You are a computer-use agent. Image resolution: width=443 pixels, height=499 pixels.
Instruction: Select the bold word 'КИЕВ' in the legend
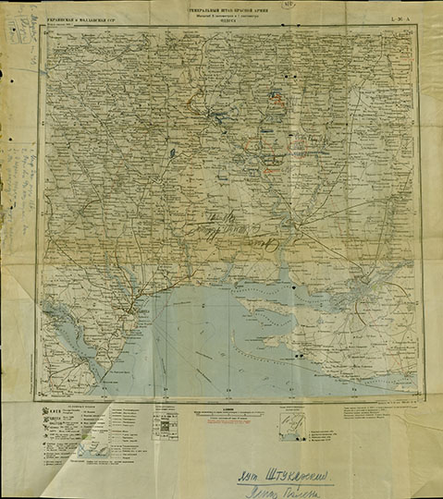[54, 409]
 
